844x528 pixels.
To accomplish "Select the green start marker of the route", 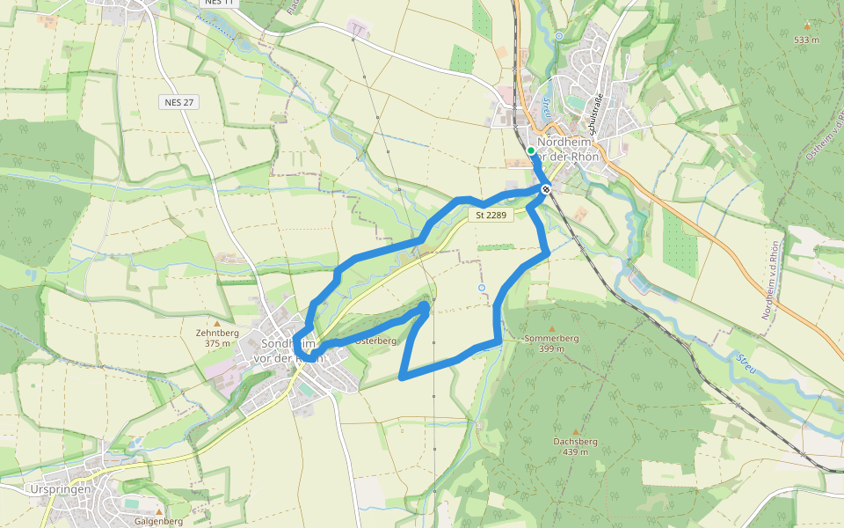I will pos(531,150).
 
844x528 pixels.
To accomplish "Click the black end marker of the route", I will pos(546,189).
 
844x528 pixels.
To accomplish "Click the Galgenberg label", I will pos(158,521).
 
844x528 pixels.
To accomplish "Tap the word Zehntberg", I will pos(216,334).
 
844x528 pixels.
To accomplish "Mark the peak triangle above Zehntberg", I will pos(216,323).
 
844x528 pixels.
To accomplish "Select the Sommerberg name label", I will pos(551,338).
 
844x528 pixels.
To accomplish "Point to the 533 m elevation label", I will pos(806,40).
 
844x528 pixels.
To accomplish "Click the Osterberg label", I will pos(377,341).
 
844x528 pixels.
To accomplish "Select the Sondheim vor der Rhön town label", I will pos(288,350).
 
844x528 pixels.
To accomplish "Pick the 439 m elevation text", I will pos(576,452).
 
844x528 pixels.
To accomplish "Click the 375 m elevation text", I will pos(216,344).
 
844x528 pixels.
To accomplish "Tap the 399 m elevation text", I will pos(551,348).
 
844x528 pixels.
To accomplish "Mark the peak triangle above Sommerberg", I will pos(551,327).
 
